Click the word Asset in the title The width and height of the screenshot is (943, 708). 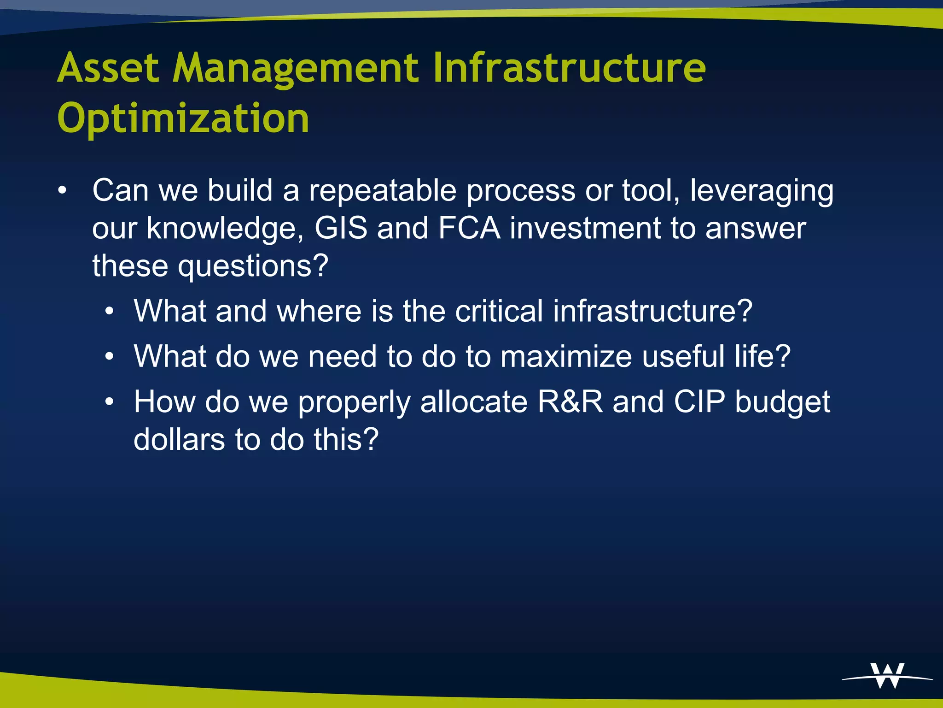[108, 68]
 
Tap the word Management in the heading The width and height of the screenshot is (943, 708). [295, 69]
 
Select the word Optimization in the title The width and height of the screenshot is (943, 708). [183, 118]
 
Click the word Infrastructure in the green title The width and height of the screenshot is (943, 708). [569, 68]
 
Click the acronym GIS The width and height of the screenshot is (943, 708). [341, 228]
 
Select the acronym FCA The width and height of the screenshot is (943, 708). [469, 228]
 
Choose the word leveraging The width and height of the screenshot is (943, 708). [762, 191]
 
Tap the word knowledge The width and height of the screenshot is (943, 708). [225, 229]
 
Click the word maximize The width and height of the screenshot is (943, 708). [566, 356]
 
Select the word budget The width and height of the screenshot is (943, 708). [782, 402]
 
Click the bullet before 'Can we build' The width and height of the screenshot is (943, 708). [62, 190]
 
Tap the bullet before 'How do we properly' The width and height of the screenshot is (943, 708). [109, 401]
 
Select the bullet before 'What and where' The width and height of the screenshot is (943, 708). [109, 311]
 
